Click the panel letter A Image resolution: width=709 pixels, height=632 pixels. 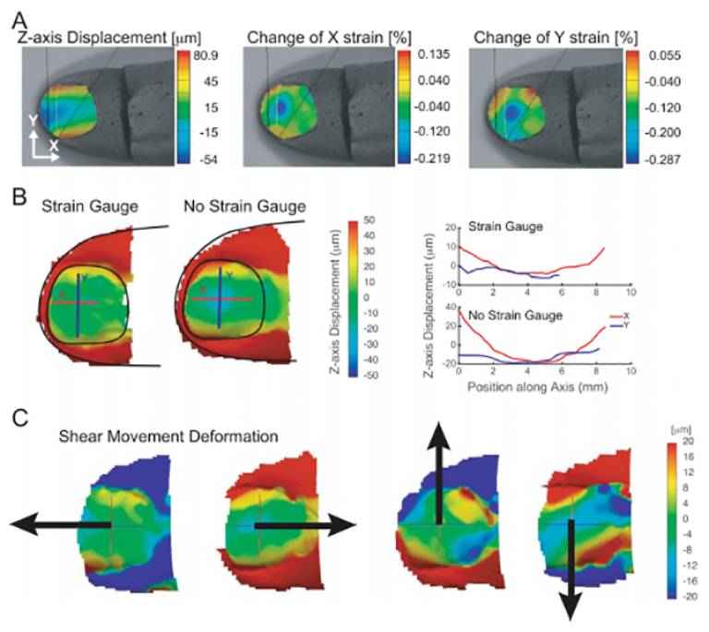point(21,20)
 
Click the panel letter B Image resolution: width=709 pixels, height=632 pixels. point(19,197)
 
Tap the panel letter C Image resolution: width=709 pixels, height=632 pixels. point(20,419)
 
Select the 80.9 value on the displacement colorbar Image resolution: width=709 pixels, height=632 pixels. point(205,55)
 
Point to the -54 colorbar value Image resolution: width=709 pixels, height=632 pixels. point(207,160)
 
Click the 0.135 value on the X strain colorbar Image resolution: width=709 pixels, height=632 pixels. point(434,54)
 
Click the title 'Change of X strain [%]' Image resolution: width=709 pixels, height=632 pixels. point(329,38)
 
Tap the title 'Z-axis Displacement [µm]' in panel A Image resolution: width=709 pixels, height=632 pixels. point(109,38)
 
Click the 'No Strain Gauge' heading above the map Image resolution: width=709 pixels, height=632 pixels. point(245,207)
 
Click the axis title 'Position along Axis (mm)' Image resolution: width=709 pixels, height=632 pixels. point(537,388)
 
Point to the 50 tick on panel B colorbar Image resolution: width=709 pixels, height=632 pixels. point(369,220)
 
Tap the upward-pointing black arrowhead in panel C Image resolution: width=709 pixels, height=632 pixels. point(438,435)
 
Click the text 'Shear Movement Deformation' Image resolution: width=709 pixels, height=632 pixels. point(168,436)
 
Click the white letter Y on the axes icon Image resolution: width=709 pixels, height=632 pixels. point(33,121)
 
